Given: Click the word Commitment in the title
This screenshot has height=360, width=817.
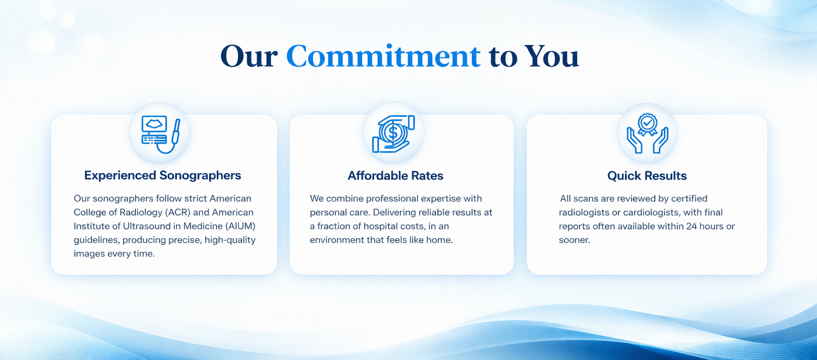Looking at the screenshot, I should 383,57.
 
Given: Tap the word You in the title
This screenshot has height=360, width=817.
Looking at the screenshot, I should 551,57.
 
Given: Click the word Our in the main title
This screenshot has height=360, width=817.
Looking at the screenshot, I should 249,57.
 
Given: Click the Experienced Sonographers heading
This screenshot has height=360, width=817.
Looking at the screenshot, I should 163,175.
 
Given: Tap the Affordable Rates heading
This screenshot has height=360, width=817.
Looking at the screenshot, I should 396,176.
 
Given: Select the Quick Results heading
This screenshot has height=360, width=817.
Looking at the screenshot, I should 647,176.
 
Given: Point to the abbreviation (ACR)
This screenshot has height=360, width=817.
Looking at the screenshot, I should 177,212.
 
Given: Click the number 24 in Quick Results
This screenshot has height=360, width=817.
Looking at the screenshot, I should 692,226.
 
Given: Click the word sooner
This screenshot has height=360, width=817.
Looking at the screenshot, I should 574,240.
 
